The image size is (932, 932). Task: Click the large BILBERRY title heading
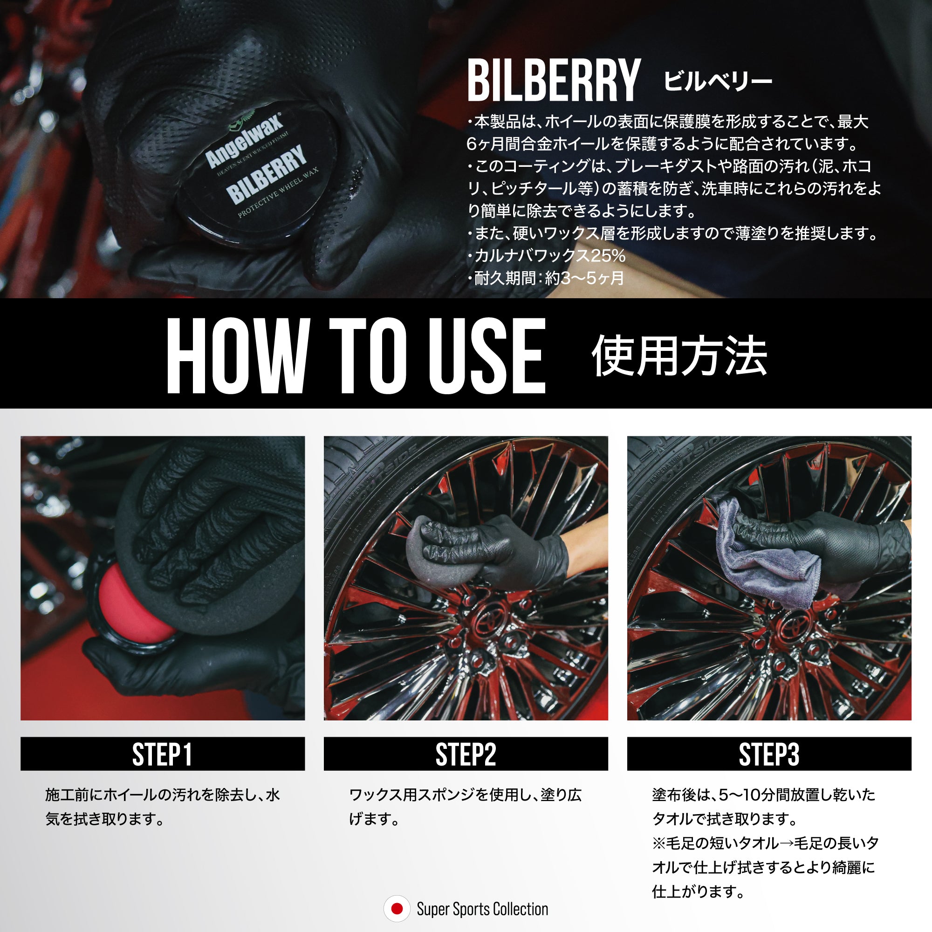553,80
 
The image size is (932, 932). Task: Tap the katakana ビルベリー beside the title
718,81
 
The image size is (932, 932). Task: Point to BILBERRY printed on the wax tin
267,174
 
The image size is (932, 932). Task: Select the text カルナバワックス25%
547,256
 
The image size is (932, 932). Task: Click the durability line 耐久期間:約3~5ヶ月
547,278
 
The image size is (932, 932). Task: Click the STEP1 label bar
163,754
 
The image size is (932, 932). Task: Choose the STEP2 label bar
466,754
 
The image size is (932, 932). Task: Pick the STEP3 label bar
769,754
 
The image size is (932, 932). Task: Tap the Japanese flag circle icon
397,909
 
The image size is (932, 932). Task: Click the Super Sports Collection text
482,909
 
